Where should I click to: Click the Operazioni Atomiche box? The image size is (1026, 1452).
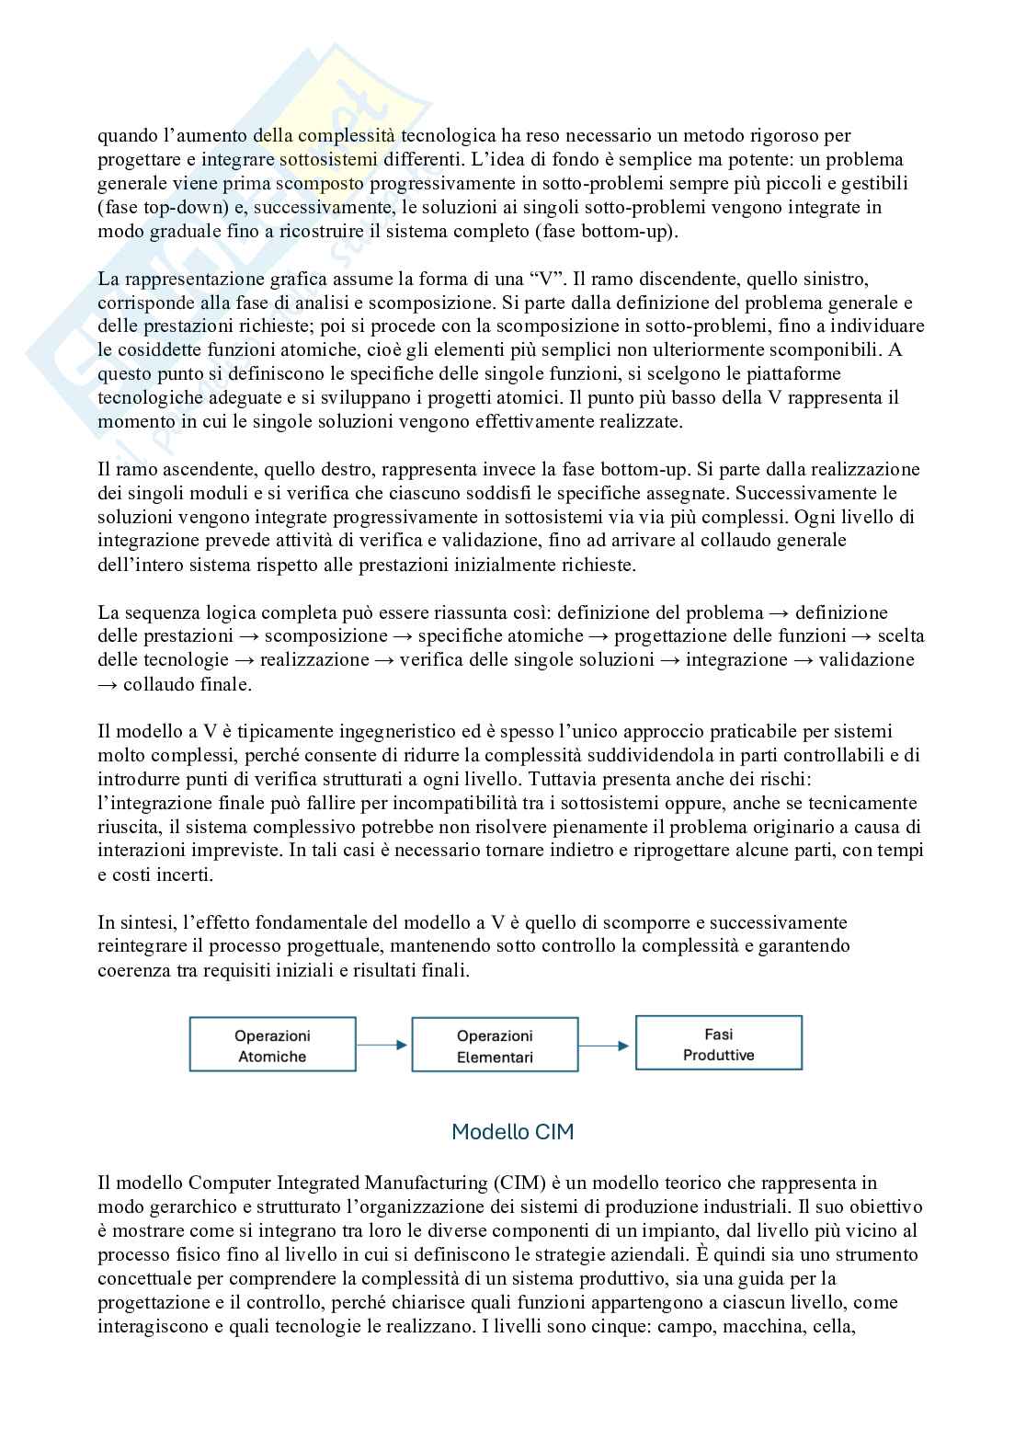point(272,1046)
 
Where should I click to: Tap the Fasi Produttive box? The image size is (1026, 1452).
point(718,1044)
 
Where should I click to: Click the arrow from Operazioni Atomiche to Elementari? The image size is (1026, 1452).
point(382,1046)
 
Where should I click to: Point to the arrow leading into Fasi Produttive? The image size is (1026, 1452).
point(606,1046)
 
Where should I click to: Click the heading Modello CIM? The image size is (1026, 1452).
point(512,1132)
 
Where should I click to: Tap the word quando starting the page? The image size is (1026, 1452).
point(128,136)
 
